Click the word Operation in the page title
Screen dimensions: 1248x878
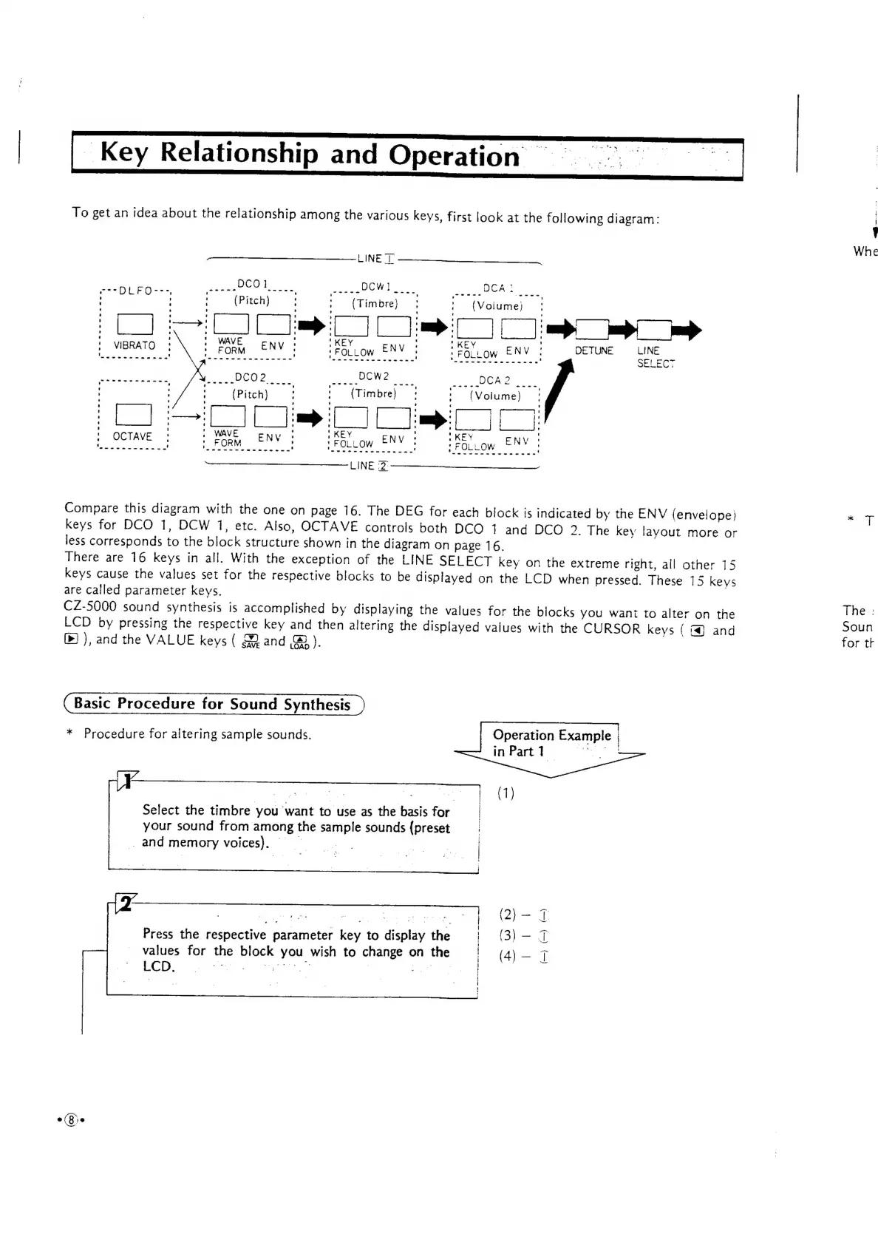click(x=454, y=155)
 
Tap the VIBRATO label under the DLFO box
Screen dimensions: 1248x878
click(x=134, y=345)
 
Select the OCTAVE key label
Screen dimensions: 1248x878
click(x=132, y=436)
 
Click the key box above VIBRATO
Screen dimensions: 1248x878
click(x=135, y=325)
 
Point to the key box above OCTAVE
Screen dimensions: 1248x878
click(x=134, y=416)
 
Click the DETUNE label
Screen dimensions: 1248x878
click(x=594, y=350)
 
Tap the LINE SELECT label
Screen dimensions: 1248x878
click(x=655, y=356)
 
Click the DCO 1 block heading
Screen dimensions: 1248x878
click(x=252, y=284)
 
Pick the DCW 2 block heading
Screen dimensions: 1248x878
click(x=374, y=376)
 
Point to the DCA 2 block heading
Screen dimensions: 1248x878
click(x=494, y=381)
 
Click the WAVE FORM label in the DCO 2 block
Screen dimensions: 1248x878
click(x=227, y=438)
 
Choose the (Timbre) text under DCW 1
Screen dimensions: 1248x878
click(x=375, y=304)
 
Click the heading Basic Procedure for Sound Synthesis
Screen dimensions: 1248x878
click(x=212, y=704)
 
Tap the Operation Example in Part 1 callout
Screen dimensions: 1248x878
click(x=551, y=743)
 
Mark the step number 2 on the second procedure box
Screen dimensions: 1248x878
click(x=127, y=903)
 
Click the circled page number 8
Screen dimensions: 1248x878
click(x=71, y=1119)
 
